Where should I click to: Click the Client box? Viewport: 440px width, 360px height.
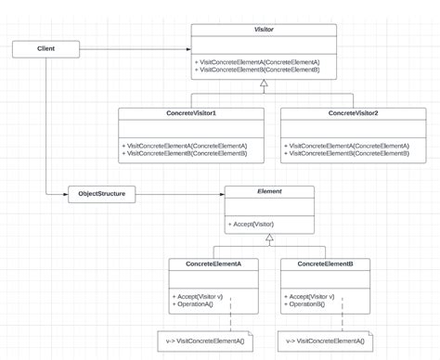[x=45, y=48]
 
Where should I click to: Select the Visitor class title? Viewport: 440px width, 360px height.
[x=264, y=30]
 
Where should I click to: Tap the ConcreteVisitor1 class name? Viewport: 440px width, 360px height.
[x=191, y=113]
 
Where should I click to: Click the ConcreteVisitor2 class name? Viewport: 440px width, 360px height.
[x=353, y=113]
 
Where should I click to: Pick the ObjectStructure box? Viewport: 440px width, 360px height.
[x=102, y=195]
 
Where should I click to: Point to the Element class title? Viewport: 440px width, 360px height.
[x=269, y=192]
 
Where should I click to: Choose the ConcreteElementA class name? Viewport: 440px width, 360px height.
[x=213, y=264]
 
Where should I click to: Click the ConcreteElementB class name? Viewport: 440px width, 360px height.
[x=325, y=264]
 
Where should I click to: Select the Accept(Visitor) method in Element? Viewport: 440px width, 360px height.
[x=252, y=225]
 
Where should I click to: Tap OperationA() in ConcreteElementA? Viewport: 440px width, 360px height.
[x=193, y=304]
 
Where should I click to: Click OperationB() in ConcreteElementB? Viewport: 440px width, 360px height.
[x=305, y=304]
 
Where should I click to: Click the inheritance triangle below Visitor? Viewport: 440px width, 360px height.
[x=264, y=84]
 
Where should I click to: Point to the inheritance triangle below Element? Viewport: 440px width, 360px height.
[x=269, y=238]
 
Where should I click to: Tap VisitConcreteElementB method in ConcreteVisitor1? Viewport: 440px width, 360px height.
[x=185, y=153]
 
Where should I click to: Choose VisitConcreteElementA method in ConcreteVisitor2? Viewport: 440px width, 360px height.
[x=348, y=146]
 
